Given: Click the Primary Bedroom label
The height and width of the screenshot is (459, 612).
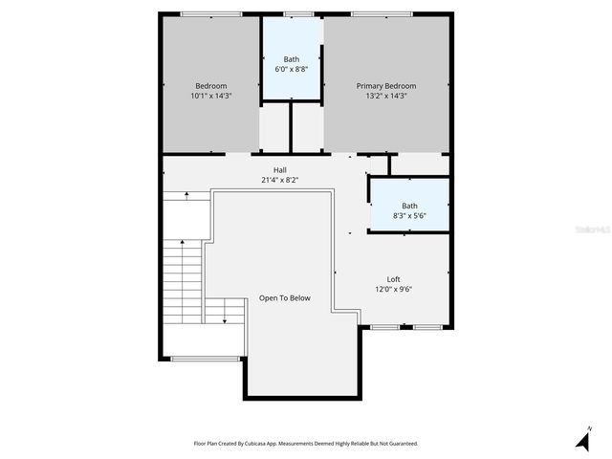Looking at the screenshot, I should click(x=386, y=86).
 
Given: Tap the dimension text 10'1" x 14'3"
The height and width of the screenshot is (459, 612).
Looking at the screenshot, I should click(x=211, y=96).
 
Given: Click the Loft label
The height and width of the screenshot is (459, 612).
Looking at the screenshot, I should click(x=393, y=279).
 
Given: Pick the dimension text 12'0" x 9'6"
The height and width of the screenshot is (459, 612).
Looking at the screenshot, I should click(x=393, y=289).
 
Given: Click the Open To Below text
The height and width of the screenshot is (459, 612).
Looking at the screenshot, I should click(x=285, y=298).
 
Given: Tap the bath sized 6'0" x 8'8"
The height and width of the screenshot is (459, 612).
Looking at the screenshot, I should click(x=291, y=65).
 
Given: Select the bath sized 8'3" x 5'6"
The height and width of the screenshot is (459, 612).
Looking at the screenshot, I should click(x=409, y=210).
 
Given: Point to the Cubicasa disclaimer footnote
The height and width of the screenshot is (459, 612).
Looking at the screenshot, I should click(x=305, y=444).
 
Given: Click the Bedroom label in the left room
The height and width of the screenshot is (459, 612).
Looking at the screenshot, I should click(x=211, y=86).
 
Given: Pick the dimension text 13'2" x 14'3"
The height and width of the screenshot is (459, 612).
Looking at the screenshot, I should click(x=386, y=96).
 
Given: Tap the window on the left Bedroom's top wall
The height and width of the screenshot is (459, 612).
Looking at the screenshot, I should click(x=210, y=13).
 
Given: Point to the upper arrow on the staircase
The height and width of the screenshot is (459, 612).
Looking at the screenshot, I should click(x=186, y=194).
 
